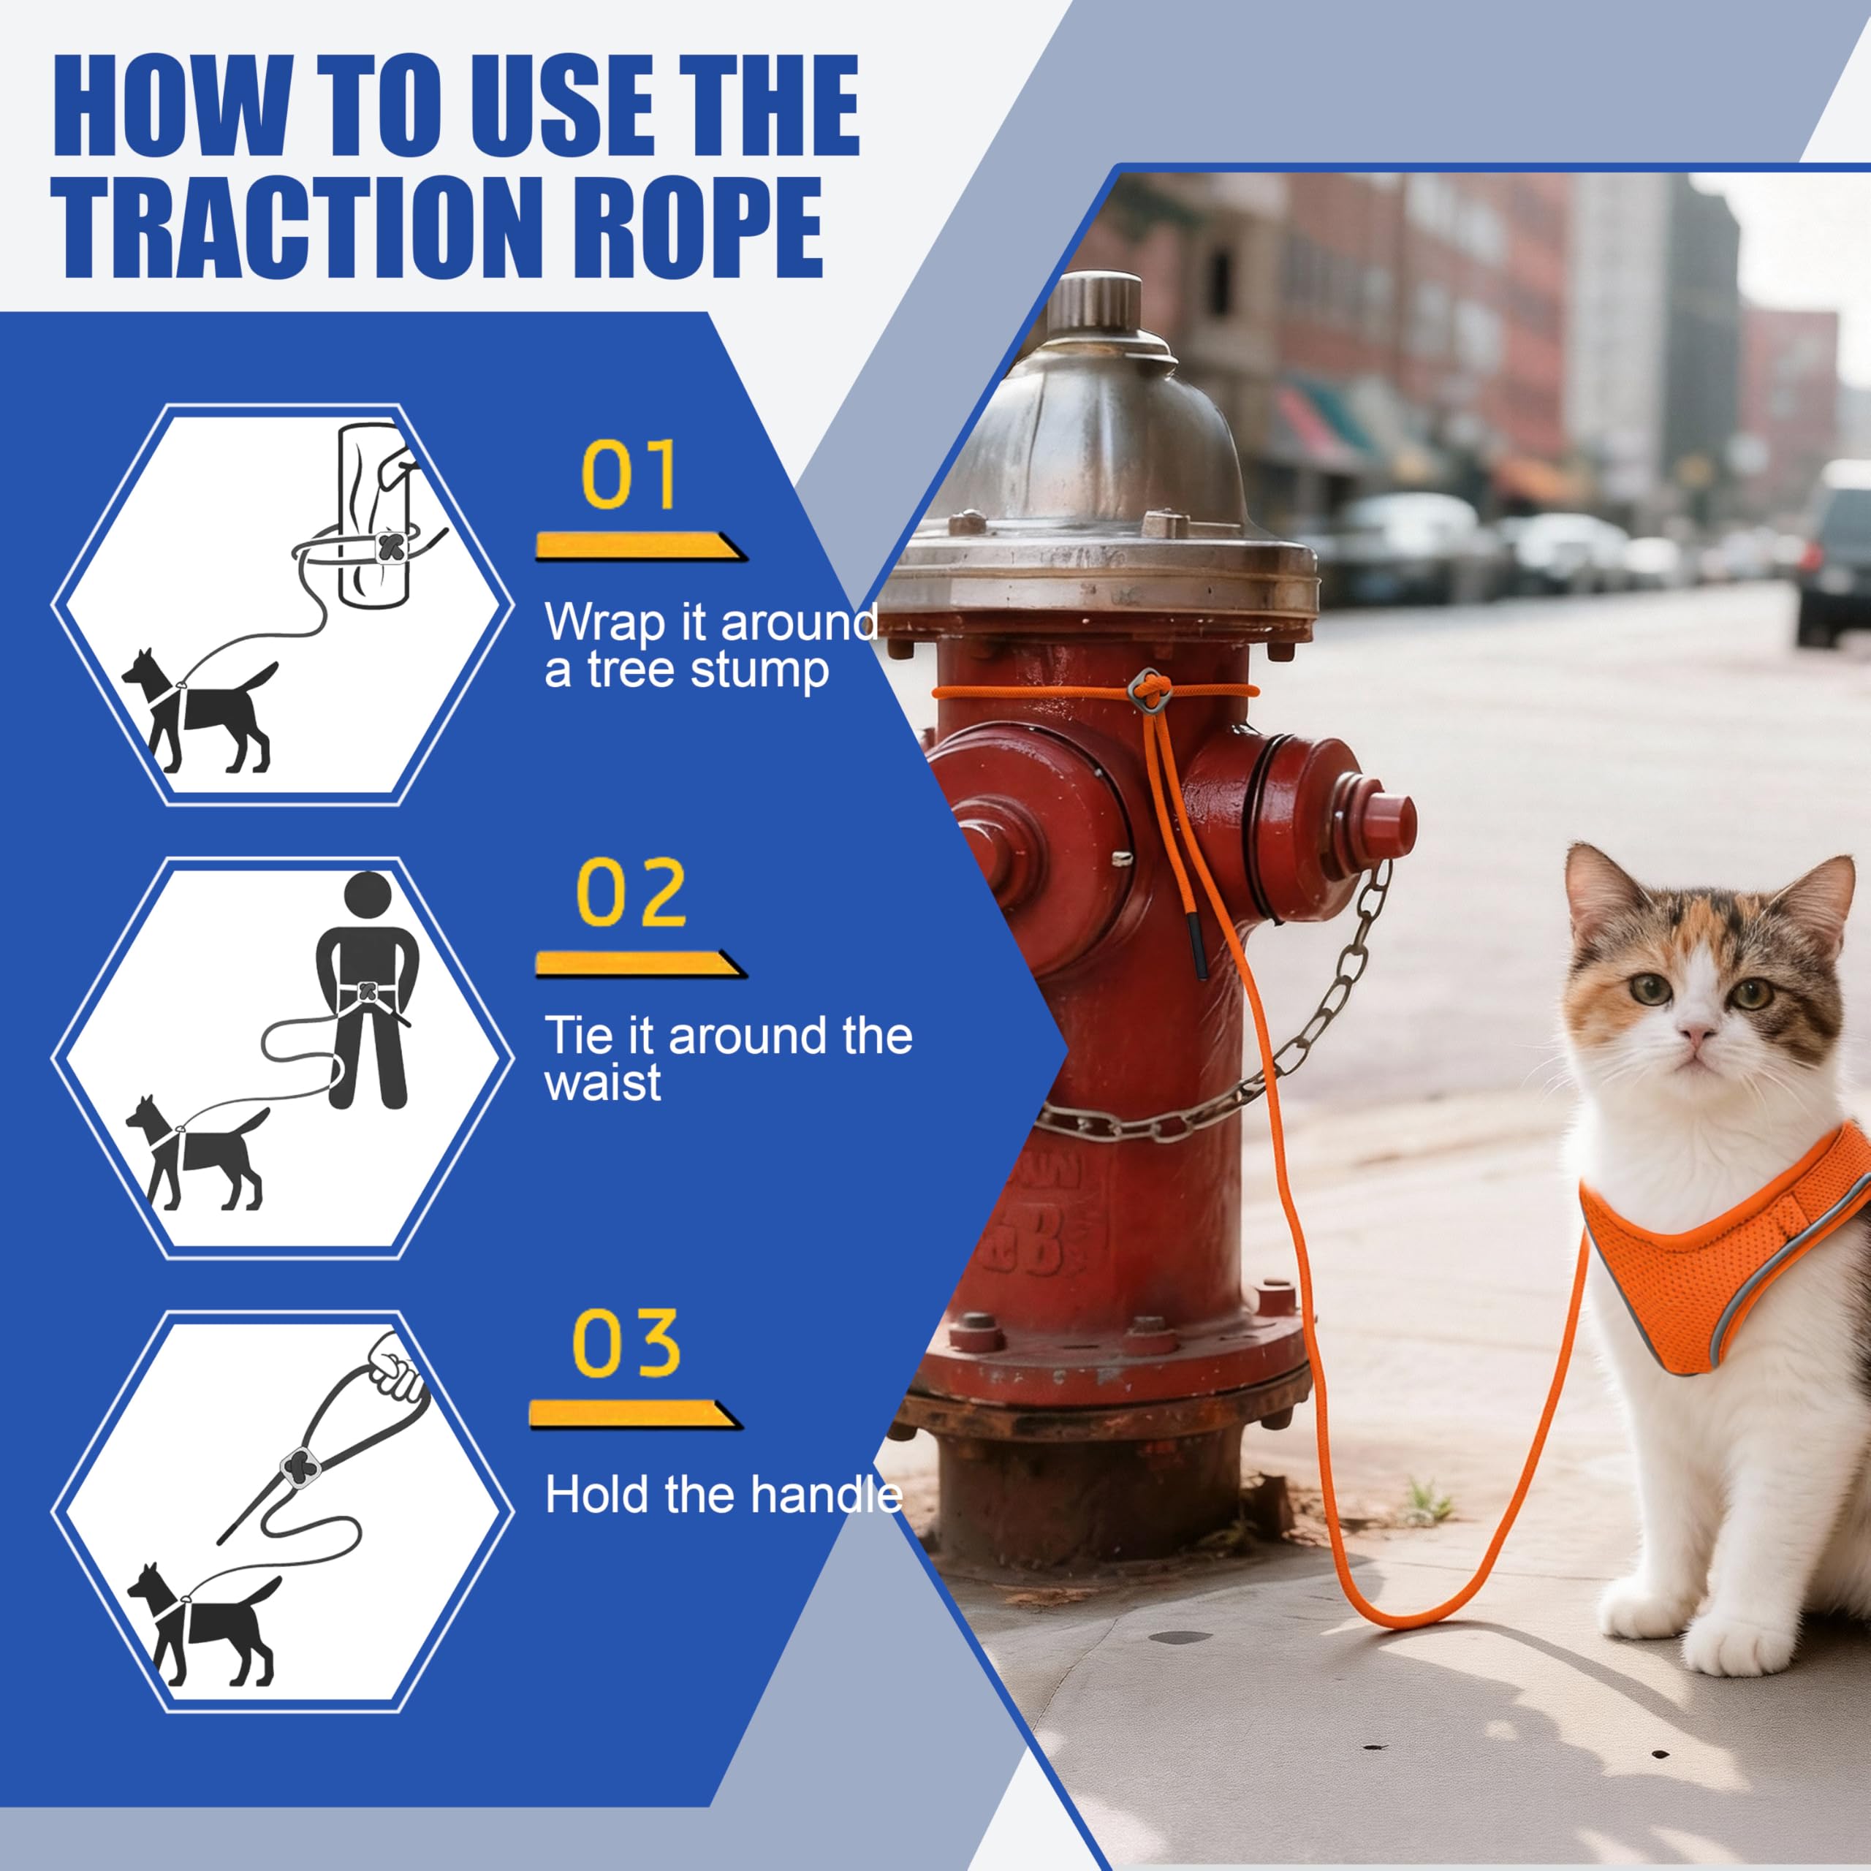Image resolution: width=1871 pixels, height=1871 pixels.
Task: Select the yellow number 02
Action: [x=631, y=891]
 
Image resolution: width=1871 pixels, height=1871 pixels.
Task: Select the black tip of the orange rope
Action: [x=1198, y=949]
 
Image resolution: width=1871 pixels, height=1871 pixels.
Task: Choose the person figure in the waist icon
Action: [x=367, y=990]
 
